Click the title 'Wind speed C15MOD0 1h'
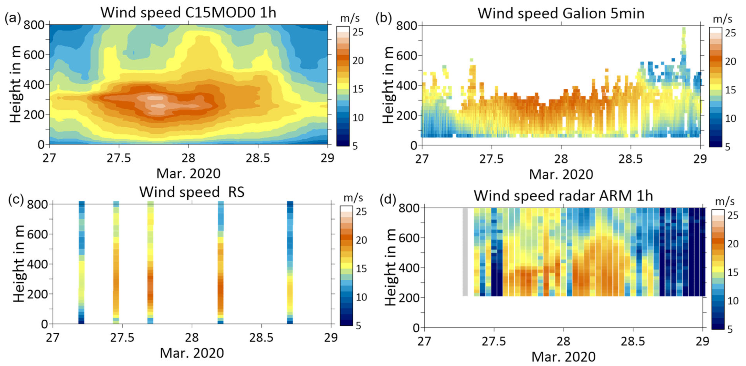pyautogui.click(x=188, y=13)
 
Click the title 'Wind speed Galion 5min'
pyautogui.click(x=561, y=13)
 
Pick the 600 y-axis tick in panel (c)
pyautogui.click(x=37, y=234)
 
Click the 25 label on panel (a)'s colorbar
pyautogui.click(x=358, y=32)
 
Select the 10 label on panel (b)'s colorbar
pyautogui.click(x=730, y=118)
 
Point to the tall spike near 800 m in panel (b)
pyautogui.click(x=684, y=41)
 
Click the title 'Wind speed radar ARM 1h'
pyautogui.click(x=563, y=196)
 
